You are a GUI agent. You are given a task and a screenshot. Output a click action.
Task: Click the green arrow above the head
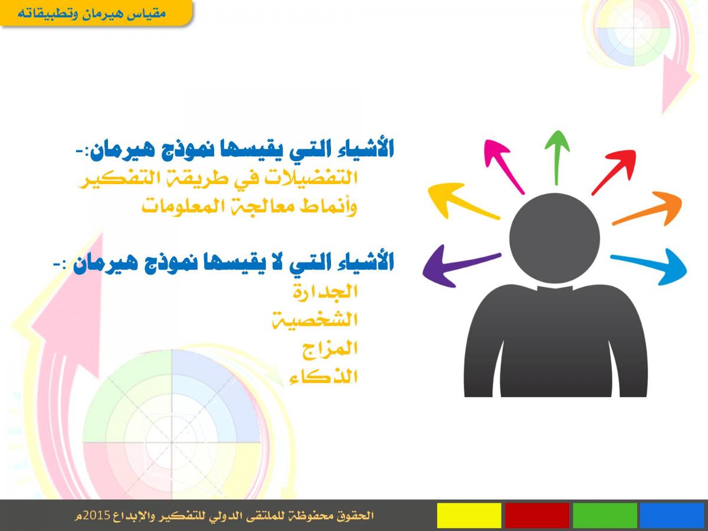pyautogui.click(x=557, y=158)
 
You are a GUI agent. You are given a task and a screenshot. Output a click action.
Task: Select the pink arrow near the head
pyautogui.click(x=504, y=166)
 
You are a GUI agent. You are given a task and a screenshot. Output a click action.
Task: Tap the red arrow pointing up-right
pyautogui.click(x=614, y=172)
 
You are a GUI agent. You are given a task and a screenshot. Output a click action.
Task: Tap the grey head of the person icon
pyautogui.click(x=555, y=238)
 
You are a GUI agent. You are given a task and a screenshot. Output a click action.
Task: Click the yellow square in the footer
pyautogui.click(x=469, y=515)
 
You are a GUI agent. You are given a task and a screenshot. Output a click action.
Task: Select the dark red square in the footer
pyautogui.click(x=537, y=515)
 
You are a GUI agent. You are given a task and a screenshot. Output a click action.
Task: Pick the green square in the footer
pyautogui.click(x=605, y=515)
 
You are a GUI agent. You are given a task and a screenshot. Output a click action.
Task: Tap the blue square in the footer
pyautogui.click(x=672, y=515)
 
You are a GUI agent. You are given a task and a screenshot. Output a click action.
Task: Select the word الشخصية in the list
pyautogui.click(x=315, y=320)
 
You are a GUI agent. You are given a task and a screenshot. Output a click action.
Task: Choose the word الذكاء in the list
pyautogui.click(x=324, y=376)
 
